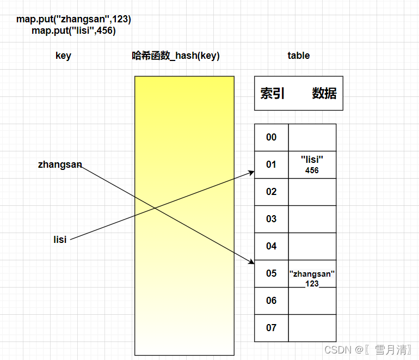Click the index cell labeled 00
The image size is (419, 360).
click(271, 137)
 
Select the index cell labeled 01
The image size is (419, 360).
click(271, 164)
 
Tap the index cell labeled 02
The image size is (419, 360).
click(271, 192)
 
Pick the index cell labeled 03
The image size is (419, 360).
click(271, 219)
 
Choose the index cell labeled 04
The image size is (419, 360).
click(271, 246)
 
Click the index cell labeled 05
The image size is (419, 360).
click(271, 273)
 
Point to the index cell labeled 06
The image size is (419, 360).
click(271, 301)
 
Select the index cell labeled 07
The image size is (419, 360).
click(271, 328)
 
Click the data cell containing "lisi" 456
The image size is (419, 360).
click(312, 164)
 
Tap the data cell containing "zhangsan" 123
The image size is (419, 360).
click(312, 278)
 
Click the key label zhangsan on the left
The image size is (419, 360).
click(60, 164)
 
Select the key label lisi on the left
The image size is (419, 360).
click(60, 240)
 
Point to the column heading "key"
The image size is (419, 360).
click(63, 56)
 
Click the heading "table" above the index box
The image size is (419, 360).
click(298, 56)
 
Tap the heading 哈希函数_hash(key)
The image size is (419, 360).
click(176, 56)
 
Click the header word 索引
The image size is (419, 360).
click(273, 94)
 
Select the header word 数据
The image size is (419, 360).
click(324, 94)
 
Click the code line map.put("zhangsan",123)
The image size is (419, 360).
click(73, 19)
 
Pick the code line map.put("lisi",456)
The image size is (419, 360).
click(73, 30)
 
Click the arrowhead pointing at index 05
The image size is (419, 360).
click(251, 261)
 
